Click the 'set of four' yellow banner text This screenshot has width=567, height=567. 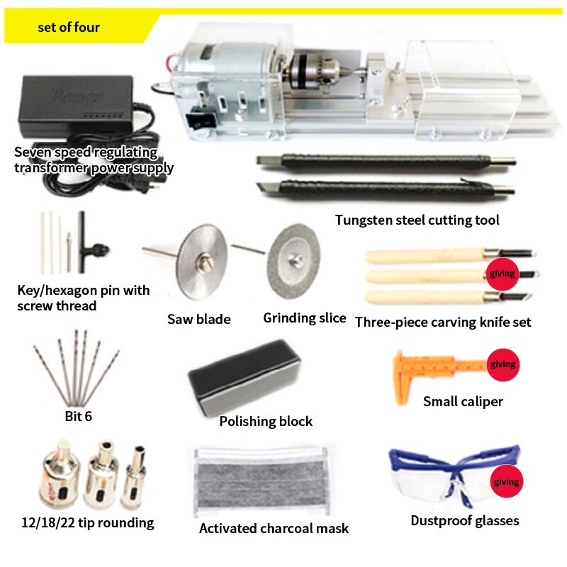point(69,28)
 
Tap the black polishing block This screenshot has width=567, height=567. point(245,377)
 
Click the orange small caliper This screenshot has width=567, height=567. point(439,370)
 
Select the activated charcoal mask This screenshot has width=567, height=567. point(261,480)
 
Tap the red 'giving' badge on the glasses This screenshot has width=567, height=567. point(506,481)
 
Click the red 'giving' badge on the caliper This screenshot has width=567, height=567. point(503,364)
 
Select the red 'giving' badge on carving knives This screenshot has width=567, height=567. point(502,274)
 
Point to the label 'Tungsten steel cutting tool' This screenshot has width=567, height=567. point(417,220)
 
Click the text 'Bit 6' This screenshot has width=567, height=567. point(78,416)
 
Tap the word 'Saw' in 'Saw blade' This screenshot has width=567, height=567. point(180,319)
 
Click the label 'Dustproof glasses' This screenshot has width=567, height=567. point(465,521)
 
